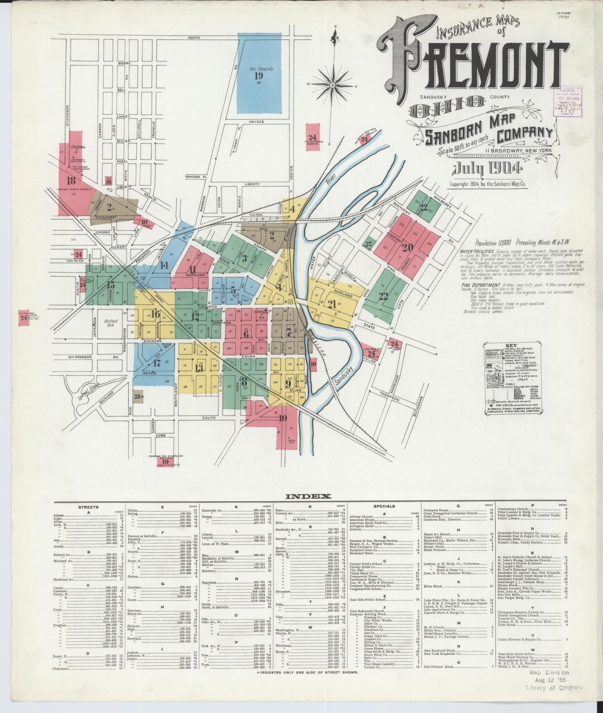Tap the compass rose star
pyautogui.click(x=334, y=85)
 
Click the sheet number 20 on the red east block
pyautogui.click(x=407, y=247)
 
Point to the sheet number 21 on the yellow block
pyautogui.click(x=332, y=304)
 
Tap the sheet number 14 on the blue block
pyautogui.click(x=164, y=265)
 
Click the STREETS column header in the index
pyautogui.click(x=88, y=507)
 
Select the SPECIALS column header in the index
pyautogui.click(x=384, y=506)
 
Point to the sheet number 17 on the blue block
pyautogui.click(x=157, y=363)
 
